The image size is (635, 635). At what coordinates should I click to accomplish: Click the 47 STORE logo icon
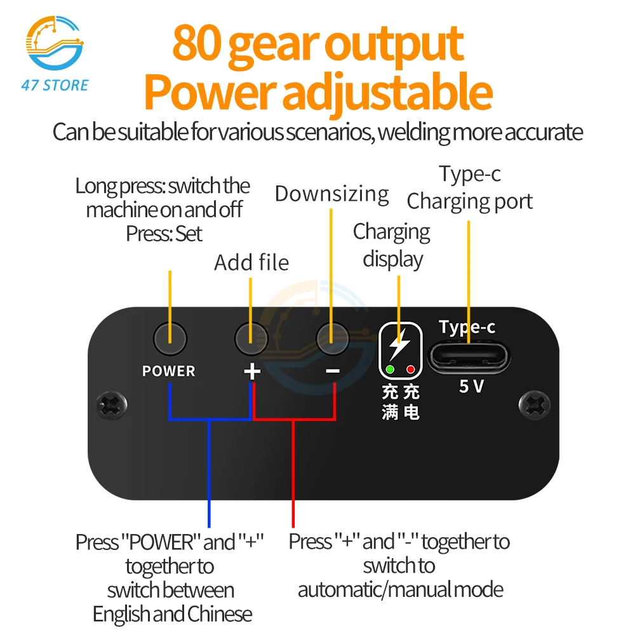coord(54,43)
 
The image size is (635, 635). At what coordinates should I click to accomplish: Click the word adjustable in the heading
coord(387,91)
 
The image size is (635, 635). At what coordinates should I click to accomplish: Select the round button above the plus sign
coord(251,338)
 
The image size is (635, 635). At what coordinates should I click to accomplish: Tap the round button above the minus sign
coord(332,338)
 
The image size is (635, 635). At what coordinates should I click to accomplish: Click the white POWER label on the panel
coord(168,371)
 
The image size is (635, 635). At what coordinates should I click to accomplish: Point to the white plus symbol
coord(252,371)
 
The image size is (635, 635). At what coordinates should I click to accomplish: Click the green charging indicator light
coord(391,370)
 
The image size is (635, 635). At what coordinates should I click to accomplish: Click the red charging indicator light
coord(410,370)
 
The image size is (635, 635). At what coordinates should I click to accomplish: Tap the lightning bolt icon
coord(399,344)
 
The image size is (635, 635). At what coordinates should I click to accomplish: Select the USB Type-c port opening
coord(469,356)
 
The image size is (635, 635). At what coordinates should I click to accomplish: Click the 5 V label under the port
coord(471,386)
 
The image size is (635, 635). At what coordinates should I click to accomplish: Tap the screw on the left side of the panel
coord(111,405)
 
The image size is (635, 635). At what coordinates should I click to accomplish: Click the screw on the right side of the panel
coord(535,405)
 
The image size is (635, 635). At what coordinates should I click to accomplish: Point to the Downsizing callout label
coord(331,194)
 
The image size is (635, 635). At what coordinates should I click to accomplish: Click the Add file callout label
coord(251,262)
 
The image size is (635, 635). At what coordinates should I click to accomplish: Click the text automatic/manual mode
coord(401,590)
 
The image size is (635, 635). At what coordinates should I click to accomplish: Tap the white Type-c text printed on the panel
coord(467,327)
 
